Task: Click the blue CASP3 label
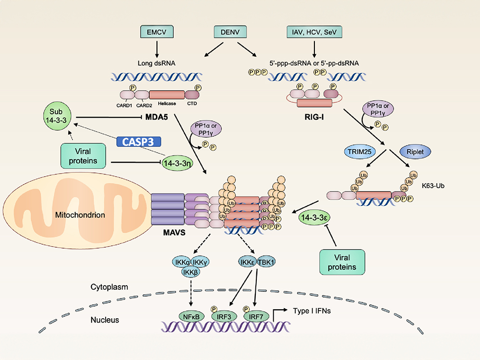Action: pos(139,142)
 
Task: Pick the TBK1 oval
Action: pos(265,262)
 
